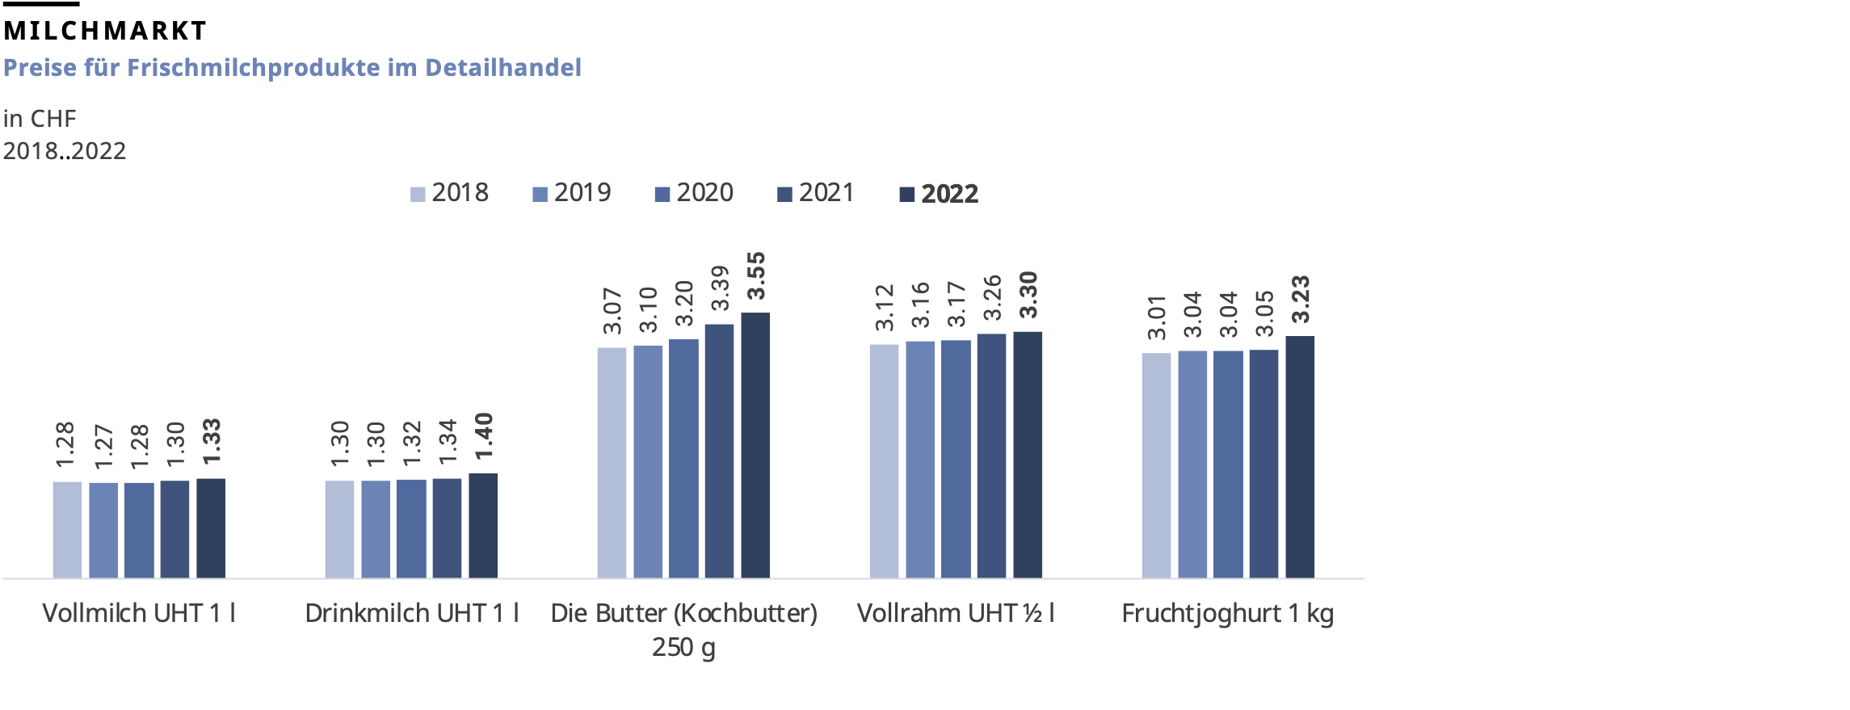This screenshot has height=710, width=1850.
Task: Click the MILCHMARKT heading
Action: click(105, 31)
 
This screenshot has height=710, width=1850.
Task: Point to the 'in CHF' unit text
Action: click(40, 119)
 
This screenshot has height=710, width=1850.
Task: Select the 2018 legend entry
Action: click(450, 193)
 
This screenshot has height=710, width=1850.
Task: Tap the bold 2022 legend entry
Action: click(940, 194)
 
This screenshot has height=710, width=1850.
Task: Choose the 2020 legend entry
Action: click(695, 193)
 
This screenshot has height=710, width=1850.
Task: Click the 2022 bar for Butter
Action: click(755, 444)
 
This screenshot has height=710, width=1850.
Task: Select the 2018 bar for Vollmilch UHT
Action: click(67, 529)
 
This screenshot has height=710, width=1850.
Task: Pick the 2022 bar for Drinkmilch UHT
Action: click(483, 525)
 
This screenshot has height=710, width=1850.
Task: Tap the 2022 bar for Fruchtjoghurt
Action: click(1300, 456)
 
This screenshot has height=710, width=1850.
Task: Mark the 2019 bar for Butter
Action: click(648, 460)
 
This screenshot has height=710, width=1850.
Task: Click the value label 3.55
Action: click(755, 276)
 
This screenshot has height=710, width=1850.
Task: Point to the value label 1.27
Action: click(103, 447)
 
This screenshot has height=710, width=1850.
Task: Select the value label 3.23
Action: click(1300, 299)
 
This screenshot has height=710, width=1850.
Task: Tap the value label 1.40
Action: click(483, 436)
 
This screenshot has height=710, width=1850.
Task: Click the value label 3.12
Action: click(885, 308)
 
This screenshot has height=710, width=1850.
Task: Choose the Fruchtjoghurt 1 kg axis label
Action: click(1227, 614)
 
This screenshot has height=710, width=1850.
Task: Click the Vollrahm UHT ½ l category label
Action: click(956, 614)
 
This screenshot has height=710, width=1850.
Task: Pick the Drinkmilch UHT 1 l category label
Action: click(412, 614)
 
